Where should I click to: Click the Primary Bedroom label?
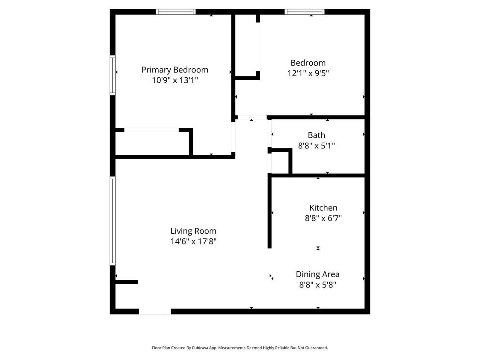tap(175, 70)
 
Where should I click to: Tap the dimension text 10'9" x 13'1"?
tap(175, 80)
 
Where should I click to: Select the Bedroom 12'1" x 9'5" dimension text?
tap(308, 73)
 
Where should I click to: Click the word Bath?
tap(316, 135)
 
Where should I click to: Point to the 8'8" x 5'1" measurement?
tap(316, 146)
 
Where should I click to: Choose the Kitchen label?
tap(323, 208)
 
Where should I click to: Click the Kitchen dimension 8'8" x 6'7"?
tap(323, 218)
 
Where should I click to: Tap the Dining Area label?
tap(317, 274)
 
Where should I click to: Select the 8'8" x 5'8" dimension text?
tap(317, 285)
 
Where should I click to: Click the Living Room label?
tap(193, 231)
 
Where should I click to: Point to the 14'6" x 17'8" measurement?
tap(193, 241)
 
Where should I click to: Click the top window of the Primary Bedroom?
tap(176, 12)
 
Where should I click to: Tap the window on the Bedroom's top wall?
tap(304, 12)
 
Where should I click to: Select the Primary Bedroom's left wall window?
tap(113, 75)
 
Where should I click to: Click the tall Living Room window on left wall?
tap(113, 221)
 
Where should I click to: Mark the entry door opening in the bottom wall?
tap(155, 311)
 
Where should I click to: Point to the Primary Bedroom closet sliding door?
tap(151, 130)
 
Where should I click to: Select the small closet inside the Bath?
tap(280, 163)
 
